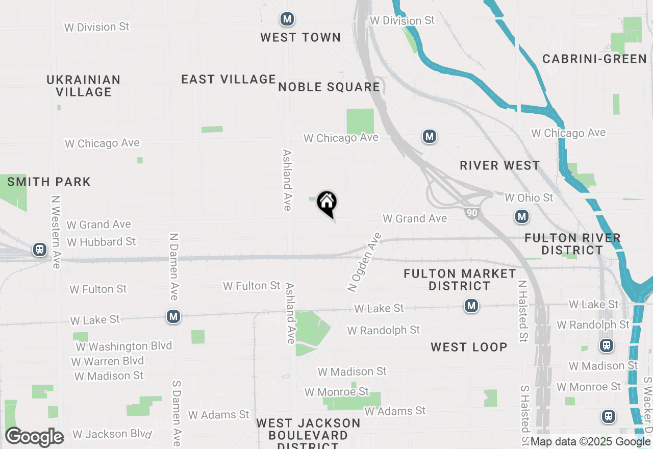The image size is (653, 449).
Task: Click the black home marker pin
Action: tap(326, 204)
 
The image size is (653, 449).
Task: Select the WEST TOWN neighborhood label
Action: tap(300, 37)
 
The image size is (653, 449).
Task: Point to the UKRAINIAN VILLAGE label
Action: tap(84, 86)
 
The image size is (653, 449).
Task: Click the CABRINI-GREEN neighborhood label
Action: tap(594, 59)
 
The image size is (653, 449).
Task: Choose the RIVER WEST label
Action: tap(499, 165)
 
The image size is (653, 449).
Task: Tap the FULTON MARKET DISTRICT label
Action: tap(460, 280)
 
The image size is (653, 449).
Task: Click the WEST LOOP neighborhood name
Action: tap(469, 347)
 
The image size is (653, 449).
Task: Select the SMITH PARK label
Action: tap(49, 182)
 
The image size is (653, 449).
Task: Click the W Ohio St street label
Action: tap(529, 197)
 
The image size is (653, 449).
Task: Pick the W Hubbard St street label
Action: tap(102, 241)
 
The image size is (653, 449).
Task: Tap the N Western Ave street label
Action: tap(55, 232)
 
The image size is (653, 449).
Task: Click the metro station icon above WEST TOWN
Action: tap(287, 20)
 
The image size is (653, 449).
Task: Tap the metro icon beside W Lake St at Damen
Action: tap(173, 317)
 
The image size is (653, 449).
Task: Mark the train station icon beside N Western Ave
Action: tap(39, 250)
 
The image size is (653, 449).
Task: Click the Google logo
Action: tap(34, 437)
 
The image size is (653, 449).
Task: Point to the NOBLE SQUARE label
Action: tap(329, 87)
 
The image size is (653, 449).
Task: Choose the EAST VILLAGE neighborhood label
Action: tap(229, 79)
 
